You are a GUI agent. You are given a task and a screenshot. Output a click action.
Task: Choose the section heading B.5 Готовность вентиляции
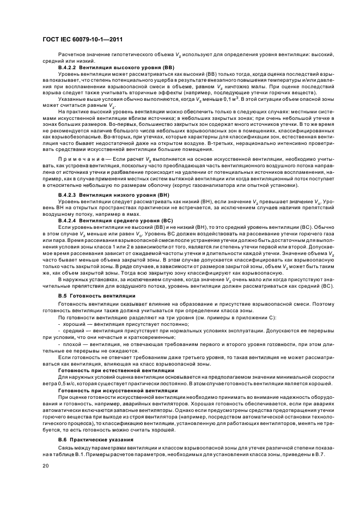click(96, 295)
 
